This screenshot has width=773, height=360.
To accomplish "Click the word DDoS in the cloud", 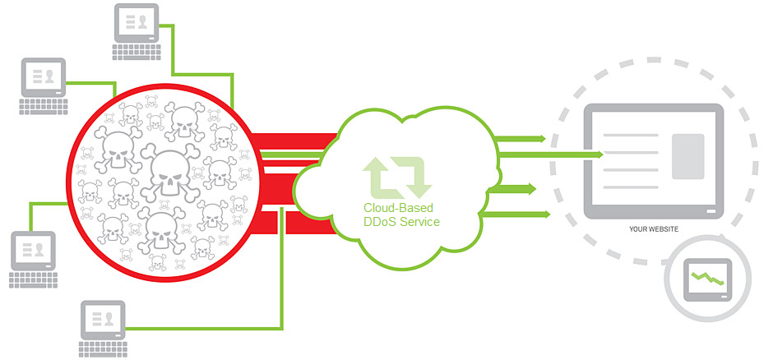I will click(x=382, y=222).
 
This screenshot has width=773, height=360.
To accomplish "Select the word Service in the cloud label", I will click(x=420, y=222).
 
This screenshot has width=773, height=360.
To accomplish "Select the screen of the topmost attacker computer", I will click(x=136, y=21).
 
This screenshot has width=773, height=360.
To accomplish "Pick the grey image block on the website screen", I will click(x=688, y=155).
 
